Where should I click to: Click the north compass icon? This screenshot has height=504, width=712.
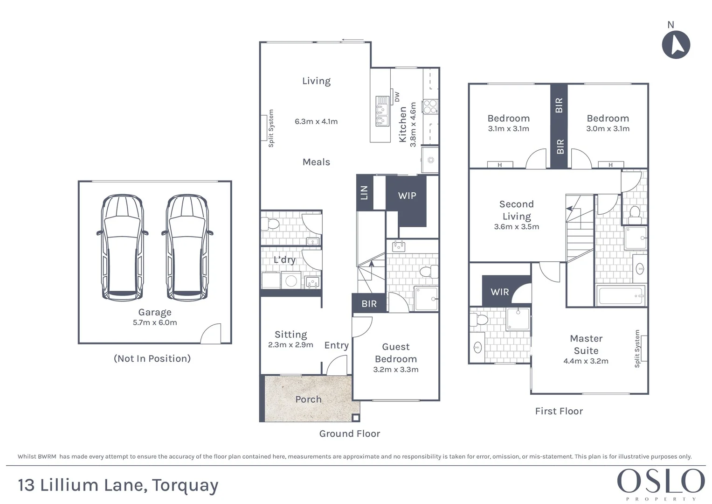(x=676, y=45)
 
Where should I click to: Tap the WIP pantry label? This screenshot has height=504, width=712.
(x=407, y=196)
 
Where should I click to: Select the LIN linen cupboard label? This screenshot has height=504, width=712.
(x=364, y=192)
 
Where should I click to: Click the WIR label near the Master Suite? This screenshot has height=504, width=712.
(x=499, y=292)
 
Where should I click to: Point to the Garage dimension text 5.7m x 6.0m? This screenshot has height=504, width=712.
(x=155, y=322)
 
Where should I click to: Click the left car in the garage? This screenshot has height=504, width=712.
(x=122, y=247)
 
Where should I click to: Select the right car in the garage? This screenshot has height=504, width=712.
(x=187, y=247)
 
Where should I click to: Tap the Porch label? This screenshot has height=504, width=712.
(x=308, y=399)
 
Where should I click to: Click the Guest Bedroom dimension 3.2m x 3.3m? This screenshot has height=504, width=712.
(x=395, y=370)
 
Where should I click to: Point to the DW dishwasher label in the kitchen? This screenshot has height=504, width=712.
(x=397, y=97)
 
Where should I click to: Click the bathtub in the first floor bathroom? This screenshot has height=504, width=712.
(x=621, y=296)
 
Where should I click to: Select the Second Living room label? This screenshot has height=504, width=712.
(x=516, y=210)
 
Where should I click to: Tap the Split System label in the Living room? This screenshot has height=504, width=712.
(x=271, y=128)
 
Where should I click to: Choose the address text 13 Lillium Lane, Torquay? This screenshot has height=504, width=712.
(x=118, y=485)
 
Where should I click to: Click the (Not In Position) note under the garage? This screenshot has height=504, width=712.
(x=152, y=358)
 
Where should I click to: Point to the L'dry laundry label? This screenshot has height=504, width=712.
(x=284, y=259)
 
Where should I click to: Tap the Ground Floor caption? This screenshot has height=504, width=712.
(x=349, y=434)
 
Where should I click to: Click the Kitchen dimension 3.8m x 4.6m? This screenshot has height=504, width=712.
(x=413, y=125)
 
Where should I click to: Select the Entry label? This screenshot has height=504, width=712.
(x=336, y=345)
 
